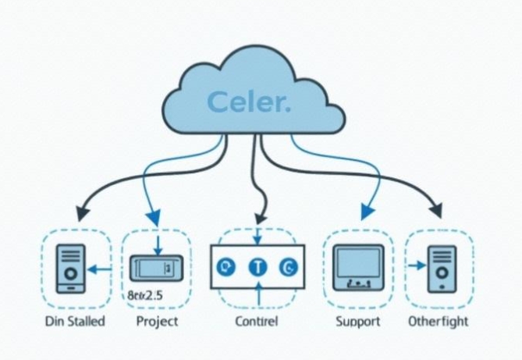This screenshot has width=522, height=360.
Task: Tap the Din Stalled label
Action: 75,322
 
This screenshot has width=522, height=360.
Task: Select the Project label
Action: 157,322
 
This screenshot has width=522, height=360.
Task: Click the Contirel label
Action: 256,322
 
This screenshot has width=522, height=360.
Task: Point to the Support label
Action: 358,322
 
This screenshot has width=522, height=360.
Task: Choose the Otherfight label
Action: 439,322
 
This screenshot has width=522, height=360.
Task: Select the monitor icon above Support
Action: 358,268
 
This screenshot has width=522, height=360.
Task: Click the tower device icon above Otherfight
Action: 442,268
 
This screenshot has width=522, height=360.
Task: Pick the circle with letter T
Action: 257,267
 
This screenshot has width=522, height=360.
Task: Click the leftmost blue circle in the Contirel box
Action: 225,267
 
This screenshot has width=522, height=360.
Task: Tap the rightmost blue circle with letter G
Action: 289,267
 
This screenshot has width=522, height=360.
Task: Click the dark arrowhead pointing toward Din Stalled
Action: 80,212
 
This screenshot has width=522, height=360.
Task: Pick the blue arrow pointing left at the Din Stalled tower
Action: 98,269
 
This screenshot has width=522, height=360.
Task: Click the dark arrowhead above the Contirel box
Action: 260,212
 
